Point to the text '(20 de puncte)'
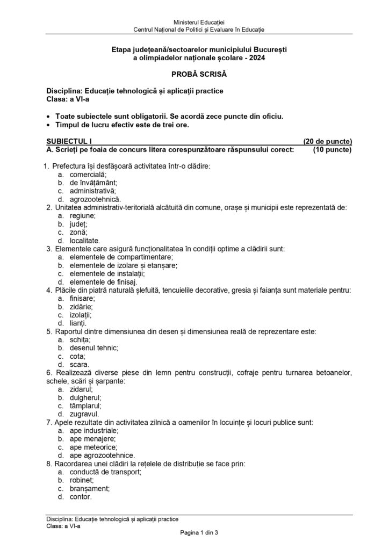327,141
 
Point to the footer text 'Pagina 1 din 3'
195,532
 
